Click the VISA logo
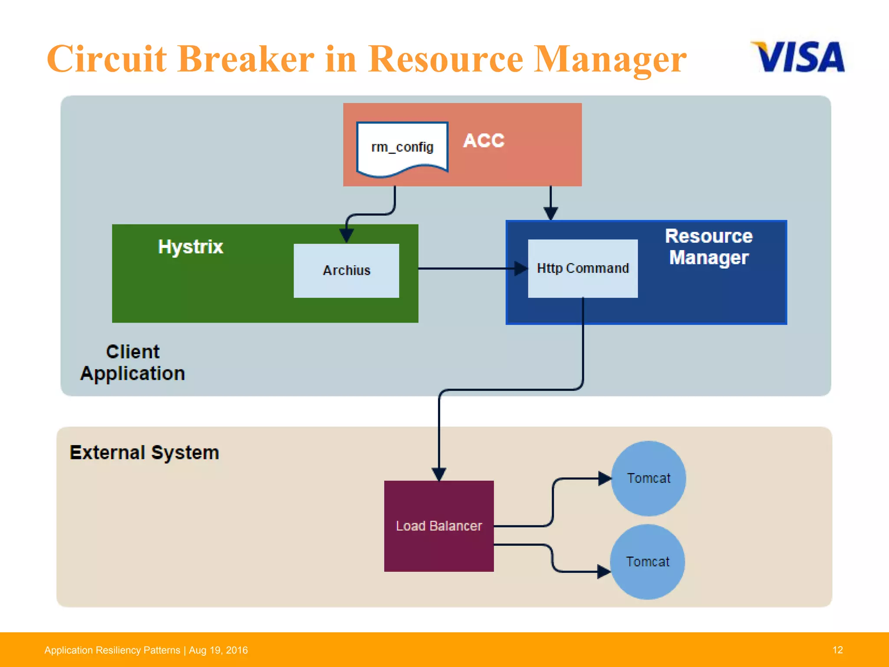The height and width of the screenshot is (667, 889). tap(798, 56)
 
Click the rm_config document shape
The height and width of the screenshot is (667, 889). tap(402, 148)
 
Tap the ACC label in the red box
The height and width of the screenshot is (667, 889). tap(484, 141)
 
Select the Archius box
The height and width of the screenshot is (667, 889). tap(346, 271)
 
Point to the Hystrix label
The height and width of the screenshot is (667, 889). tap(190, 247)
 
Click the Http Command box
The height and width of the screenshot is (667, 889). tap(583, 268)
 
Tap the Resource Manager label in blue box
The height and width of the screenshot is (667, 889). tap(709, 247)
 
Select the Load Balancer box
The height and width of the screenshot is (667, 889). tap(439, 526)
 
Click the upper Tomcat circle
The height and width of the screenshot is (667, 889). tap(649, 478)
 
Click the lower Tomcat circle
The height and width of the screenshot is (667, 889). tap(648, 561)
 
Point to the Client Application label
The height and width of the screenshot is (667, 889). tap(132, 363)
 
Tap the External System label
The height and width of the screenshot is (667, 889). tap(144, 452)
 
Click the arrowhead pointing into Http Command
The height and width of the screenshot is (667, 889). tap(520, 268)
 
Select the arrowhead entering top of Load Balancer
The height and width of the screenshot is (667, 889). tap(439, 474)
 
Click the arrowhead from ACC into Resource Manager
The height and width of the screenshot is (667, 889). tap(550, 213)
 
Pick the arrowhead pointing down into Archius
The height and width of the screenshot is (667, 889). tap(346, 235)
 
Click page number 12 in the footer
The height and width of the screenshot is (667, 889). tap(837, 650)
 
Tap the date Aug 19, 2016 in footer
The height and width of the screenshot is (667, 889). tap(218, 650)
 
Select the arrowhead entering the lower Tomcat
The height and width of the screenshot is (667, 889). tap(603, 571)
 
